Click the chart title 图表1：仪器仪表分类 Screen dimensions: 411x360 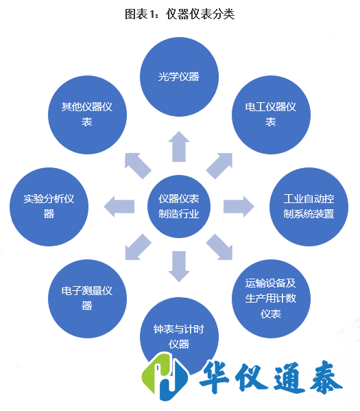pyautogui.click(x=180, y=14)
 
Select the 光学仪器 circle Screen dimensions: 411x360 pyautogui.click(x=179, y=76)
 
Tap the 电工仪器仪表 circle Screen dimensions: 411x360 pyautogui.click(x=270, y=114)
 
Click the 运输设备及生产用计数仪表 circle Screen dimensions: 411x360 pyautogui.click(x=270, y=298)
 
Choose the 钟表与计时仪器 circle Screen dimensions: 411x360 pyautogui.click(x=179, y=336)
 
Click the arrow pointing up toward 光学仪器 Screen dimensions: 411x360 pyautogui.click(x=179, y=146)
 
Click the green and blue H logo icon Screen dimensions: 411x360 pyautogui.click(x=165, y=378)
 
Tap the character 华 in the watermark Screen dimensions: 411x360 pyautogui.click(x=221, y=379)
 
